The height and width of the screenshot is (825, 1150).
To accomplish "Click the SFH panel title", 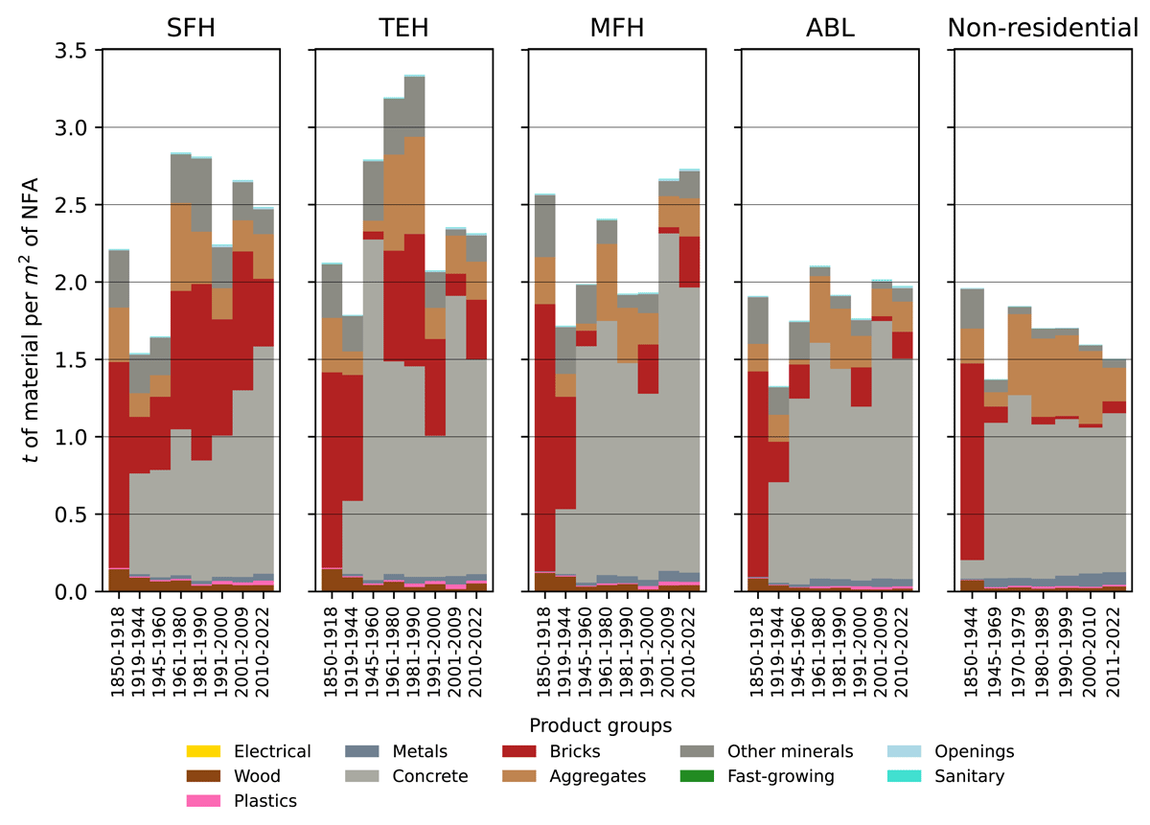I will point(190,29).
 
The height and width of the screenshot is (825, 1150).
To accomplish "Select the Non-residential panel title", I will point(1043,29).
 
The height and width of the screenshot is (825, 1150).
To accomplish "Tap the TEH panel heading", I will point(403,29).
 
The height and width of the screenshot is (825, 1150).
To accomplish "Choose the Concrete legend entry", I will point(430,776).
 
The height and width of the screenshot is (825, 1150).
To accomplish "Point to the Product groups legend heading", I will point(600,725).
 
